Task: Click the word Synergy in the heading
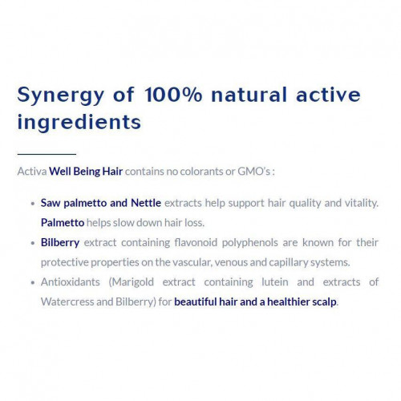point(61,95)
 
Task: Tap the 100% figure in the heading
point(173,95)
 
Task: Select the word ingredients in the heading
point(79,123)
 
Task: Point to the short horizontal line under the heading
point(47,154)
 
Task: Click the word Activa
point(32,171)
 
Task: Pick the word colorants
point(201,172)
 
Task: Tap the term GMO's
point(254,171)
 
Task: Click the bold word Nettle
point(146,203)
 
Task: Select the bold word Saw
point(51,203)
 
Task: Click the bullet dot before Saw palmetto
point(33,204)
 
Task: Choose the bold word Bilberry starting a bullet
point(60,243)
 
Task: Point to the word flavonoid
point(196,242)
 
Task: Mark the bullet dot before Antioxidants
point(33,282)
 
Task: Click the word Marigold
point(132,282)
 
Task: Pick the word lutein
point(275,282)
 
